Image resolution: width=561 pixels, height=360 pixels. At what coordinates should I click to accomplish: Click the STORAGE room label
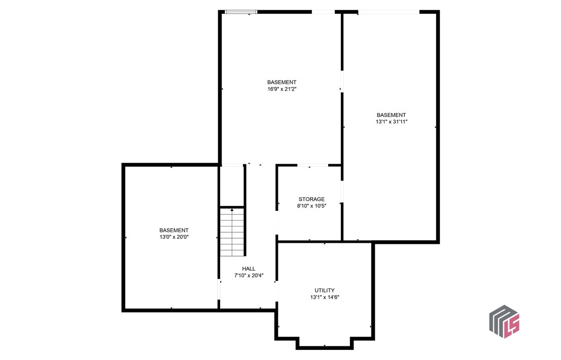[311, 199]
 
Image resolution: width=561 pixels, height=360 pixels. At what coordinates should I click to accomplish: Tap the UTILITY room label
[325, 291]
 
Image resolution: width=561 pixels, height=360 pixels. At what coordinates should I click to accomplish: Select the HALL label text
[249, 269]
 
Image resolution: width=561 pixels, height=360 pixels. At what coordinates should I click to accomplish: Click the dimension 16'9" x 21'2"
[282, 89]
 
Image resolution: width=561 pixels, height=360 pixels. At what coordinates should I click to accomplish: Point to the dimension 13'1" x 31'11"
[391, 122]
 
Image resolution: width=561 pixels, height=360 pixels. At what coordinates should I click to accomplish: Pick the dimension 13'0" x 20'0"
[174, 237]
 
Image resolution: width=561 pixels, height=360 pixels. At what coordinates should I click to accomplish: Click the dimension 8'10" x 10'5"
[311, 206]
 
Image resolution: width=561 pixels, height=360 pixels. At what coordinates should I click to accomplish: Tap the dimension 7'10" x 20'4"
[249, 276]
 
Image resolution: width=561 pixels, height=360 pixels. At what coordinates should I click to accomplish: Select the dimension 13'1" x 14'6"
[325, 297]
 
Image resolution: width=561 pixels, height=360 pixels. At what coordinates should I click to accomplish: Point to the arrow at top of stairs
[232, 209]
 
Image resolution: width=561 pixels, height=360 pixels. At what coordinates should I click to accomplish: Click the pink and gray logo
[505, 321]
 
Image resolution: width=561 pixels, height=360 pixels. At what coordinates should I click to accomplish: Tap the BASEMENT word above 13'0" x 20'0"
[174, 230]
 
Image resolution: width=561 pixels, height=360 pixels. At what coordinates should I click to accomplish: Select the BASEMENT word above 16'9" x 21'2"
[282, 82]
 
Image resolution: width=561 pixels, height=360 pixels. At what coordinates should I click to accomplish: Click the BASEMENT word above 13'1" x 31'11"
[391, 115]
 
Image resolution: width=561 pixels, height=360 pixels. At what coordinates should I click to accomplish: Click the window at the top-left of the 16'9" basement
[241, 12]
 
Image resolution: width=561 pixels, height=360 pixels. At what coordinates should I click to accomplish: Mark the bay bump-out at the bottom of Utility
[325, 343]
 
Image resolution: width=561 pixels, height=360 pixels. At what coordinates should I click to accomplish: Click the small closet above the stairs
[232, 186]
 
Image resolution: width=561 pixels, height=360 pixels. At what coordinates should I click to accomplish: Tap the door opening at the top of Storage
[312, 165]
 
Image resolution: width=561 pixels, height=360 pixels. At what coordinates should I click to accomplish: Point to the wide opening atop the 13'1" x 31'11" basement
[389, 12]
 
